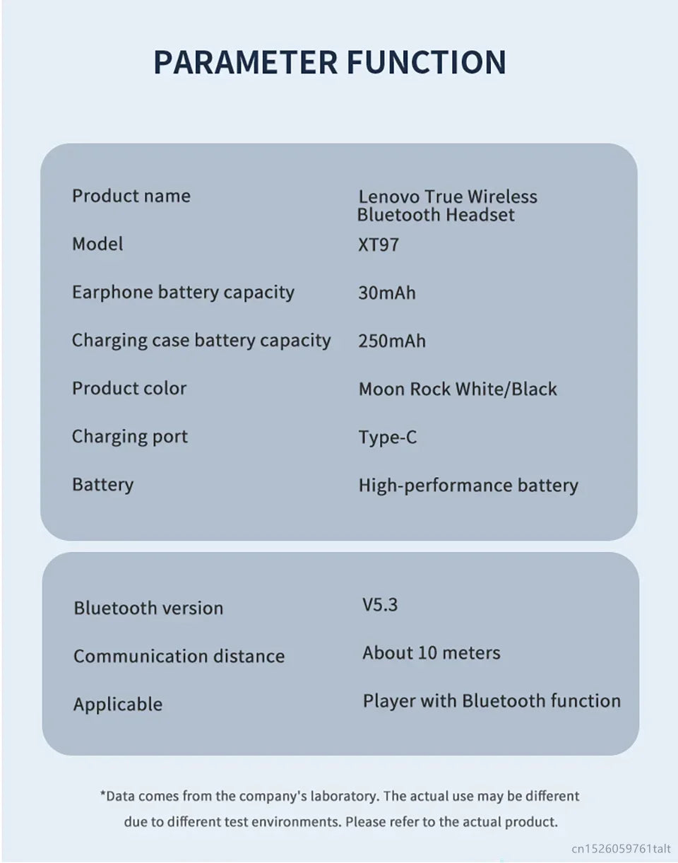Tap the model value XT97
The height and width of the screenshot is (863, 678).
click(x=379, y=245)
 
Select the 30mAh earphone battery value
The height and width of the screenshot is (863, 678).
click(x=387, y=293)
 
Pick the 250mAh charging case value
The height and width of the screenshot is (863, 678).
click(x=392, y=341)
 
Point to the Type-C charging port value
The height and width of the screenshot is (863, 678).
click(x=388, y=438)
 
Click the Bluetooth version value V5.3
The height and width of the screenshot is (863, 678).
click(x=380, y=605)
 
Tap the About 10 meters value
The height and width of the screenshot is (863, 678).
click(x=431, y=652)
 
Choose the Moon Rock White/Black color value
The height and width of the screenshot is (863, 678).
click(x=458, y=389)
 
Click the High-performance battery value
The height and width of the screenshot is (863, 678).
click(x=468, y=486)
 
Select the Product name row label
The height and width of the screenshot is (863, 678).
click(x=131, y=196)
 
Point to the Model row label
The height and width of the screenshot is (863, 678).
click(x=97, y=244)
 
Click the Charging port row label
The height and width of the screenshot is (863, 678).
click(x=130, y=437)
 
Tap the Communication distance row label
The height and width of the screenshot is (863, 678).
click(x=179, y=656)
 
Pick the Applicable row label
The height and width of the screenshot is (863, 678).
click(x=118, y=704)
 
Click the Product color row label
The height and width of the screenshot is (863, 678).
click(x=129, y=389)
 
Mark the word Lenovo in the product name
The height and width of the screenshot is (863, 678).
click(x=387, y=196)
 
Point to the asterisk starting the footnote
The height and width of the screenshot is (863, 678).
click(x=102, y=795)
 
